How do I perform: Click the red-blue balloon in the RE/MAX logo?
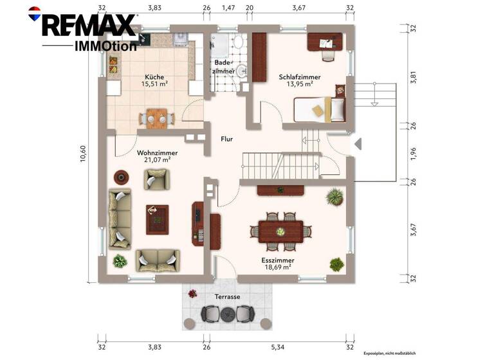click(x=34, y=11)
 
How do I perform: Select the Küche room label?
click(x=154, y=76)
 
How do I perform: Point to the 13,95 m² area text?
click(x=299, y=84)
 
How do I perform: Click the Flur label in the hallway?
click(x=226, y=139)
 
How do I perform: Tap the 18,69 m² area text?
click(x=277, y=266)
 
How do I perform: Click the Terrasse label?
click(x=228, y=297)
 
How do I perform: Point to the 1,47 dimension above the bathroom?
click(x=228, y=8)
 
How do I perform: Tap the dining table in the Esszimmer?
click(x=280, y=230)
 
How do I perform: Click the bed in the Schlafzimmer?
click(x=320, y=109)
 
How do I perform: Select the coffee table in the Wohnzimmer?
click(x=156, y=219)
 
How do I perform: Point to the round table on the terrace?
click(x=228, y=314)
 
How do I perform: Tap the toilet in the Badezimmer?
click(x=237, y=44)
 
